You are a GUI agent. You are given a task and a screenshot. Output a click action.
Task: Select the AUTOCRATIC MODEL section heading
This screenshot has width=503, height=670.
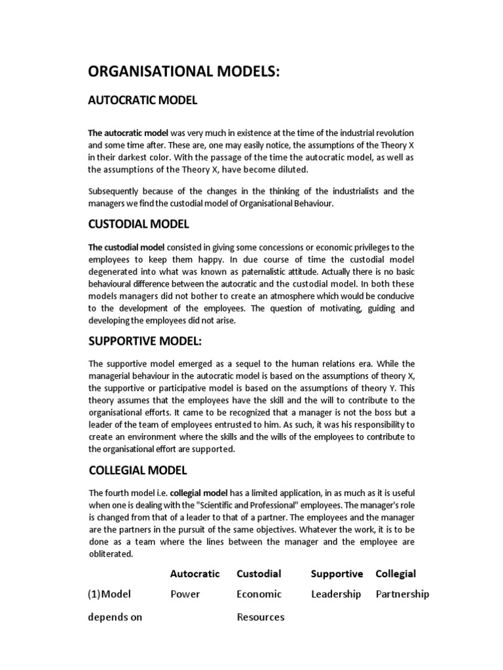click(x=143, y=100)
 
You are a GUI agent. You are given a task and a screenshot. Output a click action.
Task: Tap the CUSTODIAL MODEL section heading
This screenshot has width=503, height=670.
click(x=139, y=224)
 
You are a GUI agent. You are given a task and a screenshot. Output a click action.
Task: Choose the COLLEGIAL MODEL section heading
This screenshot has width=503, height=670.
click(x=138, y=470)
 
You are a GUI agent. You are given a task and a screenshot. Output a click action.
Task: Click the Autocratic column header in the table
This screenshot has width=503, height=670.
click(x=195, y=574)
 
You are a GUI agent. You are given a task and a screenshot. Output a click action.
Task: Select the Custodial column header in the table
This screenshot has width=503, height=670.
click(x=259, y=574)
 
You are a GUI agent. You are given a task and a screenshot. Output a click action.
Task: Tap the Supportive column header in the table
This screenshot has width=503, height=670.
click(x=336, y=574)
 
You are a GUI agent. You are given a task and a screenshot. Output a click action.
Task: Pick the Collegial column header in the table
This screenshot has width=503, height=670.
click(x=396, y=574)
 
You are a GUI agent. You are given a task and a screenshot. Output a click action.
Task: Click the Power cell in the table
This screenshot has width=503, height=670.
click(x=185, y=594)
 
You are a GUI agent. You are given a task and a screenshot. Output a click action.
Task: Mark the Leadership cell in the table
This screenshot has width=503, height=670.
click(x=335, y=594)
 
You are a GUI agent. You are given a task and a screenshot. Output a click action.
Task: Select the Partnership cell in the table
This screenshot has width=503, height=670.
click(x=402, y=594)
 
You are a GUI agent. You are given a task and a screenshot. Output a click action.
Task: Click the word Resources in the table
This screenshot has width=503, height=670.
click(x=260, y=617)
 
